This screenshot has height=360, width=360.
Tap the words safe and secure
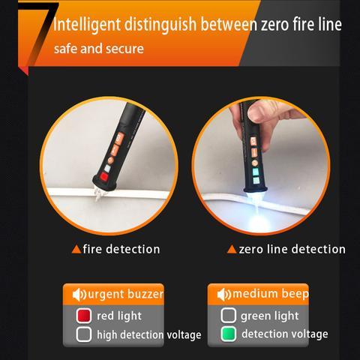pyautogui.click(x=99, y=49)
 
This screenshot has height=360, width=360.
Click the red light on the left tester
pyautogui.click(x=103, y=176)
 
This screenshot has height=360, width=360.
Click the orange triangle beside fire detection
pyautogui.click(x=76, y=249)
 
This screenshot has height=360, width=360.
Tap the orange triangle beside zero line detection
pyautogui.click(x=232, y=249)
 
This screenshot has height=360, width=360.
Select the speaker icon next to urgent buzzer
pyautogui.click(x=79, y=295)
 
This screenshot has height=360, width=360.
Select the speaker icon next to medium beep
pyautogui.click(x=224, y=295)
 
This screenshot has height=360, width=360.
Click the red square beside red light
pyautogui.click(x=84, y=316)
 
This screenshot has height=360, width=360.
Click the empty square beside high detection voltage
pyautogui.click(x=84, y=334)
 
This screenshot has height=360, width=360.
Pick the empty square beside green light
pyautogui.click(x=228, y=315)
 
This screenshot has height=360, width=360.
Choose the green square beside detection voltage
pyautogui.click(x=228, y=334)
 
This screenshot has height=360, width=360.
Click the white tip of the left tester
pyautogui.click(x=100, y=193)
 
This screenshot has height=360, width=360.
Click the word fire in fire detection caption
pyautogui.click(x=92, y=249)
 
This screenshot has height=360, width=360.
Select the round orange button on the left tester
pyautogui.click(x=110, y=159)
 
